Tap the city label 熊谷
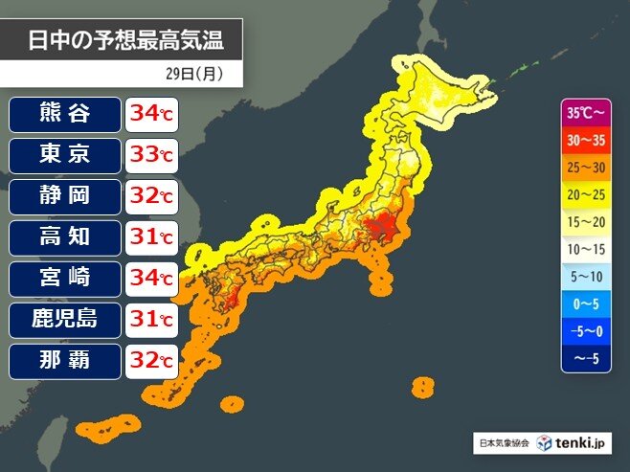pyautogui.click(x=65, y=114)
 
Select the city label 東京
pyautogui.click(x=65, y=155)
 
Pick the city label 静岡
pyautogui.click(x=65, y=196)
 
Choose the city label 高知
pyautogui.click(x=65, y=237)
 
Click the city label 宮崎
pyautogui.click(x=65, y=279)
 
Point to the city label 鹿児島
pyautogui.click(x=65, y=320)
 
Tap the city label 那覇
pyautogui.click(x=65, y=361)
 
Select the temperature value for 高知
pyautogui.click(x=151, y=238)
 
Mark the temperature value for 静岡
pyautogui.click(x=151, y=197)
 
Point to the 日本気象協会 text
pyautogui.click(x=504, y=443)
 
